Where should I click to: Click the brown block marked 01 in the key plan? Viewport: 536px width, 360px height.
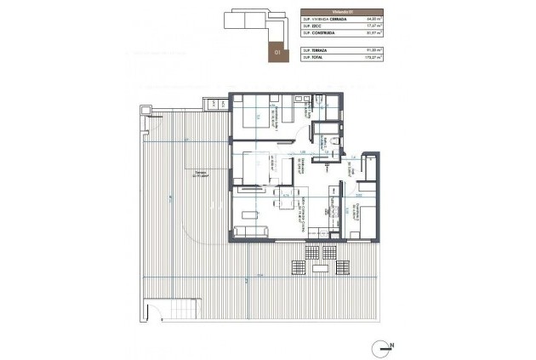276,50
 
